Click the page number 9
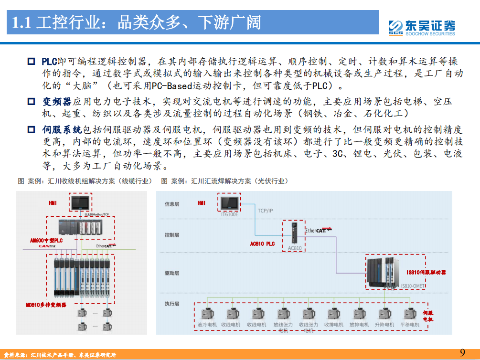tap(462, 353)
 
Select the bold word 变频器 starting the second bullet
tap(56, 102)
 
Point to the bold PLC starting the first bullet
tap(49, 62)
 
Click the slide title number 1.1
tap(21, 22)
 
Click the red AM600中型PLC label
tap(46, 240)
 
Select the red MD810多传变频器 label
tap(46, 304)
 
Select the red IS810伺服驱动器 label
tap(426, 272)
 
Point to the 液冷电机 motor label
tap(207, 325)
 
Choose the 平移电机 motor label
tap(409, 325)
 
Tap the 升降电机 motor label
tap(384, 325)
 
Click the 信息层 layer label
tap(172, 204)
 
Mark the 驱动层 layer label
tap(172, 274)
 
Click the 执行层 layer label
tap(172, 304)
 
